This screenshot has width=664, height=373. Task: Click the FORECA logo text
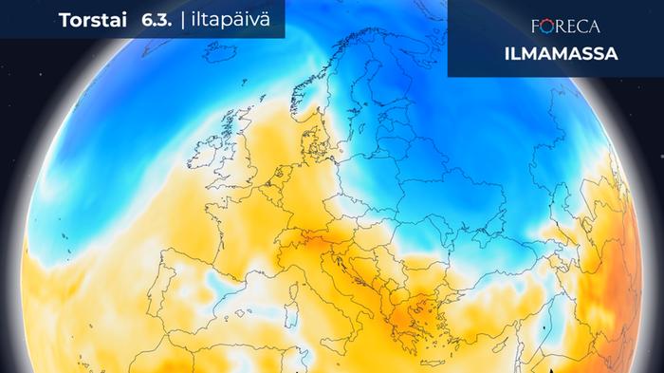coord(559,26)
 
